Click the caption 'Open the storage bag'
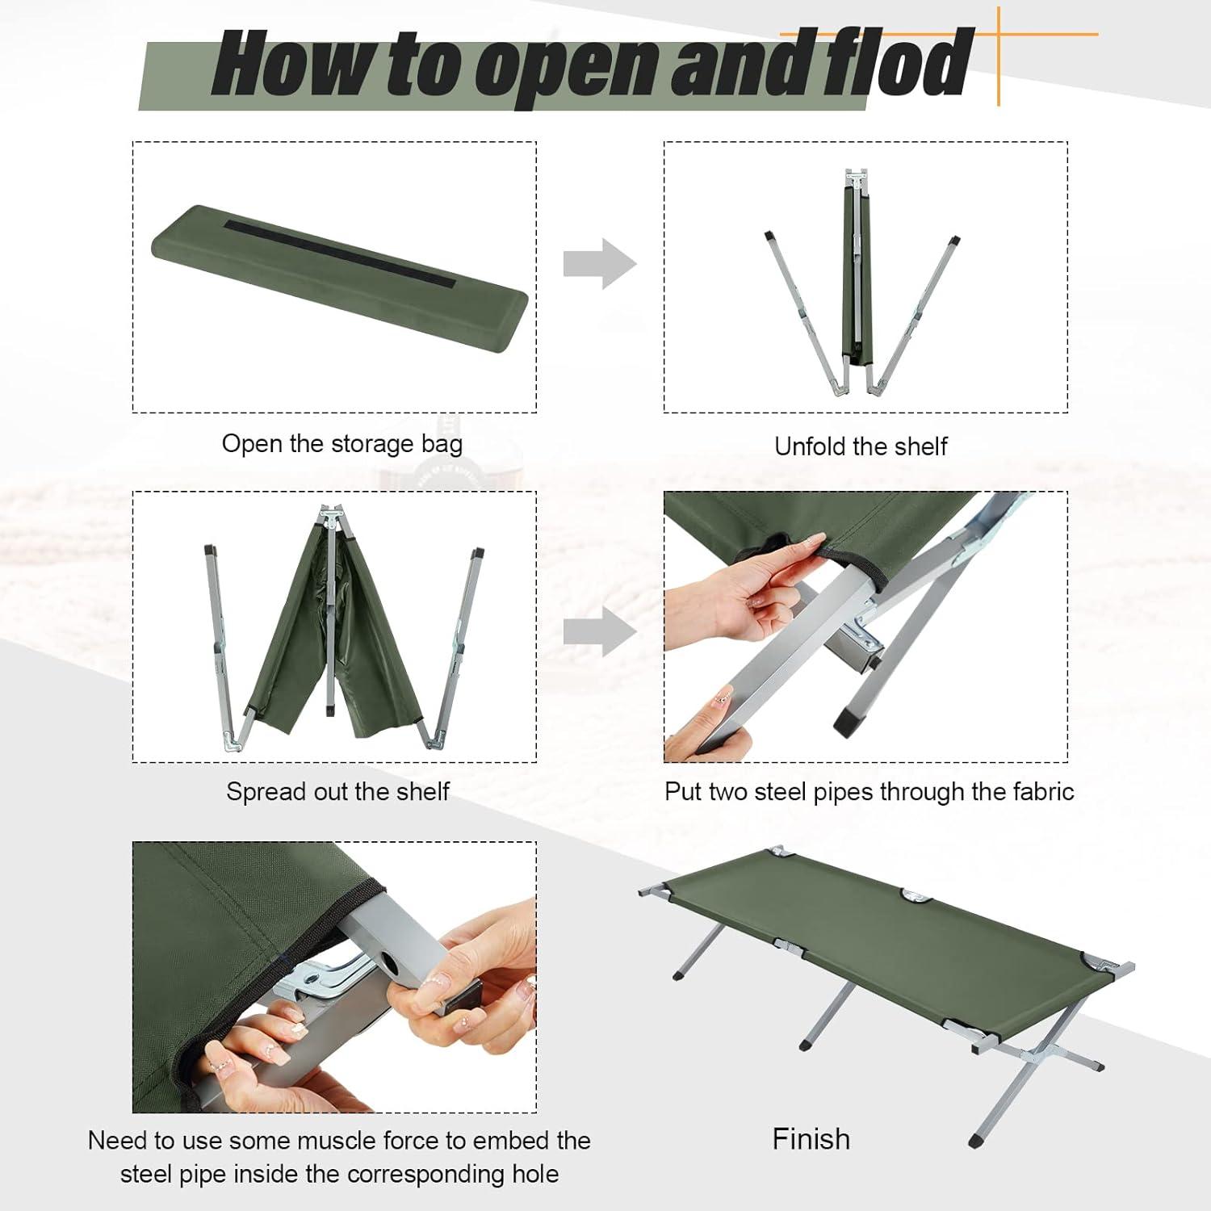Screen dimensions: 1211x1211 tap(342, 444)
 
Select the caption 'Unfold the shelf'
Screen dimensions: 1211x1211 tap(860, 446)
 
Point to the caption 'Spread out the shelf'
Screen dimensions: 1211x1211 tap(337, 792)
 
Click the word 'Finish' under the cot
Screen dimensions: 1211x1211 tap(811, 1139)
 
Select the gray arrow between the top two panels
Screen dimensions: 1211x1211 tap(599, 264)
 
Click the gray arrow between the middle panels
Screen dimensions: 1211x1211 tap(599, 631)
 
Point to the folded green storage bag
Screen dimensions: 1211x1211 tap(339, 279)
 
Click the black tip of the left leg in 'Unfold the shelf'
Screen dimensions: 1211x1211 tap(769, 237)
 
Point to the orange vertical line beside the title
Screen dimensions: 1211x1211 tap(999, 57)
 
